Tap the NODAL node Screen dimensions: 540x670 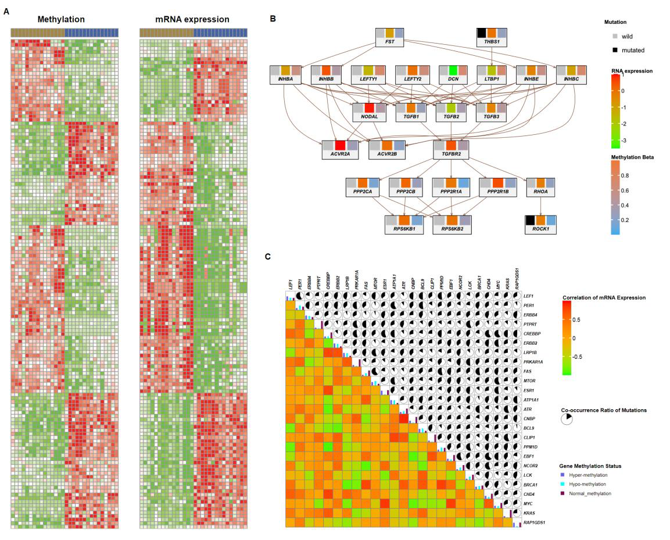click(368, 112)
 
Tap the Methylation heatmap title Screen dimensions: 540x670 click(61, 19)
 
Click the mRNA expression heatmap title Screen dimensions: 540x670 click(192, 19)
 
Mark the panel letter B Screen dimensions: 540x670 click(273, 18)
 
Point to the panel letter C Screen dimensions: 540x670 click(268, 255)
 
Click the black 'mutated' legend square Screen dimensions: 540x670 click(608, 50)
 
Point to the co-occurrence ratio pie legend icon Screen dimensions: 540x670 click(567, 420)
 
